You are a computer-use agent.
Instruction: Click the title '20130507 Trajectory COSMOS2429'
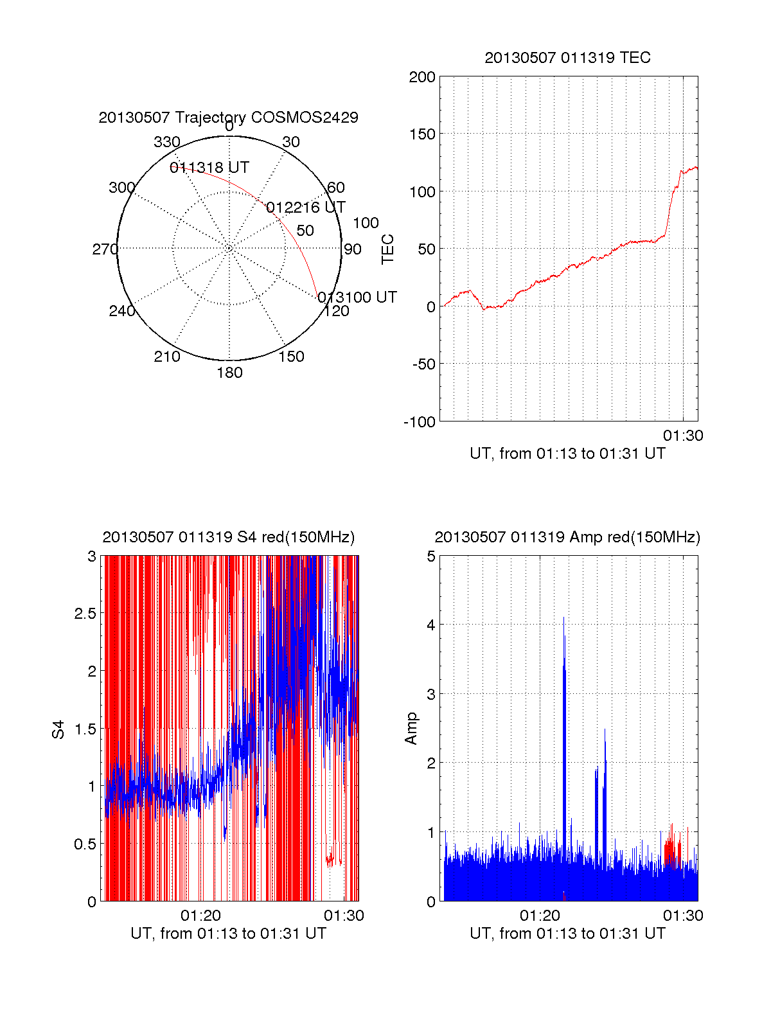click(228, 118)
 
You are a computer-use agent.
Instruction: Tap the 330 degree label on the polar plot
click(166, 142)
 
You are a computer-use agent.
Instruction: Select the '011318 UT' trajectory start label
click(209, 168)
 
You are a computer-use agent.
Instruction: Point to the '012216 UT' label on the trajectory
click(305, 208)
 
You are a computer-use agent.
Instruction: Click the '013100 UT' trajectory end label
click(357, 297)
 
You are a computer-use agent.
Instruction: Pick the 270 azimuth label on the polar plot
click(105, 249)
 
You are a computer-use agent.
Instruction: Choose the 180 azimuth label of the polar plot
click(229, 373)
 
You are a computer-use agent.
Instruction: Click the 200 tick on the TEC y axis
click(422, 77)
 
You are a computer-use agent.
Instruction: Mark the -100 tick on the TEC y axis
click(420, 422)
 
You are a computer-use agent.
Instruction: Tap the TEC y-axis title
click(388, 249)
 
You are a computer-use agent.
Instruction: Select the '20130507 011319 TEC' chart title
click(567, 58)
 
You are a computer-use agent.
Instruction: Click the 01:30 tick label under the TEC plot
click(683, 436)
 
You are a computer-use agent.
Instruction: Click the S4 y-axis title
click(58, 729)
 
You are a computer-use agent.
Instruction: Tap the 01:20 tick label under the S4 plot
click(200, 916)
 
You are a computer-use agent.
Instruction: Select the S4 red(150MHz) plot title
click(228, 537)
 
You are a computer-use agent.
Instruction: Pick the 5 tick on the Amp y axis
click(431, 556)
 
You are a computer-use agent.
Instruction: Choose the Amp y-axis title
click(411, 729)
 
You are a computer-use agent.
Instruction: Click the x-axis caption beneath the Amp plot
click(567, 934)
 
